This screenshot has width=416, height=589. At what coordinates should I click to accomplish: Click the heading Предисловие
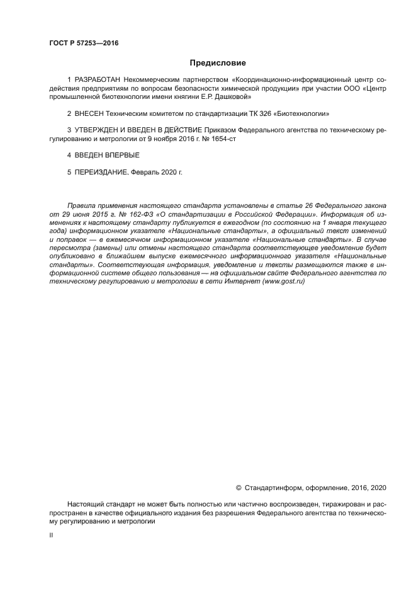point(218,63)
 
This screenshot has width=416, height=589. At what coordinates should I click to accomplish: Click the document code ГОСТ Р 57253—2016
point(83,43)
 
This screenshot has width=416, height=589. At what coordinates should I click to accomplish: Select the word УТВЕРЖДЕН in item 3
point(99,130)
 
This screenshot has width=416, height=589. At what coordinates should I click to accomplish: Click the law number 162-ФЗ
point(135,214)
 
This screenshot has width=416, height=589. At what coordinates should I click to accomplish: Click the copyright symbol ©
point(238,488)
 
